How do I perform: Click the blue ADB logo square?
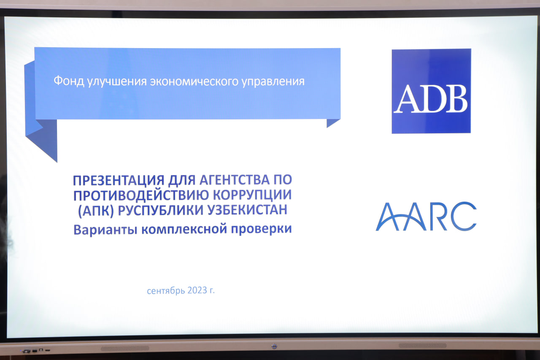[431, 91]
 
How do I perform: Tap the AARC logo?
[426, 217]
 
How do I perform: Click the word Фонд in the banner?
[69, 81]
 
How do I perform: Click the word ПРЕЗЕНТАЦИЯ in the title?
[119, 180]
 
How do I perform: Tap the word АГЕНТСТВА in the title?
[235, 180]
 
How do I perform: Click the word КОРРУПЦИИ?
[252, 195]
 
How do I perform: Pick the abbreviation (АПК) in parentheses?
[96, 211]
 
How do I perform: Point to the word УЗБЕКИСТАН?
[247, 210]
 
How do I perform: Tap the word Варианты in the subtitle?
[105, 229]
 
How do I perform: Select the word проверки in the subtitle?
[261, 229]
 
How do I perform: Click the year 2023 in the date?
[197, 290]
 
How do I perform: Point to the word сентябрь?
[166, 291]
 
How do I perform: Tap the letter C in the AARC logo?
[463, 216]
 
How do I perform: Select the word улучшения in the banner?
[117, 82]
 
